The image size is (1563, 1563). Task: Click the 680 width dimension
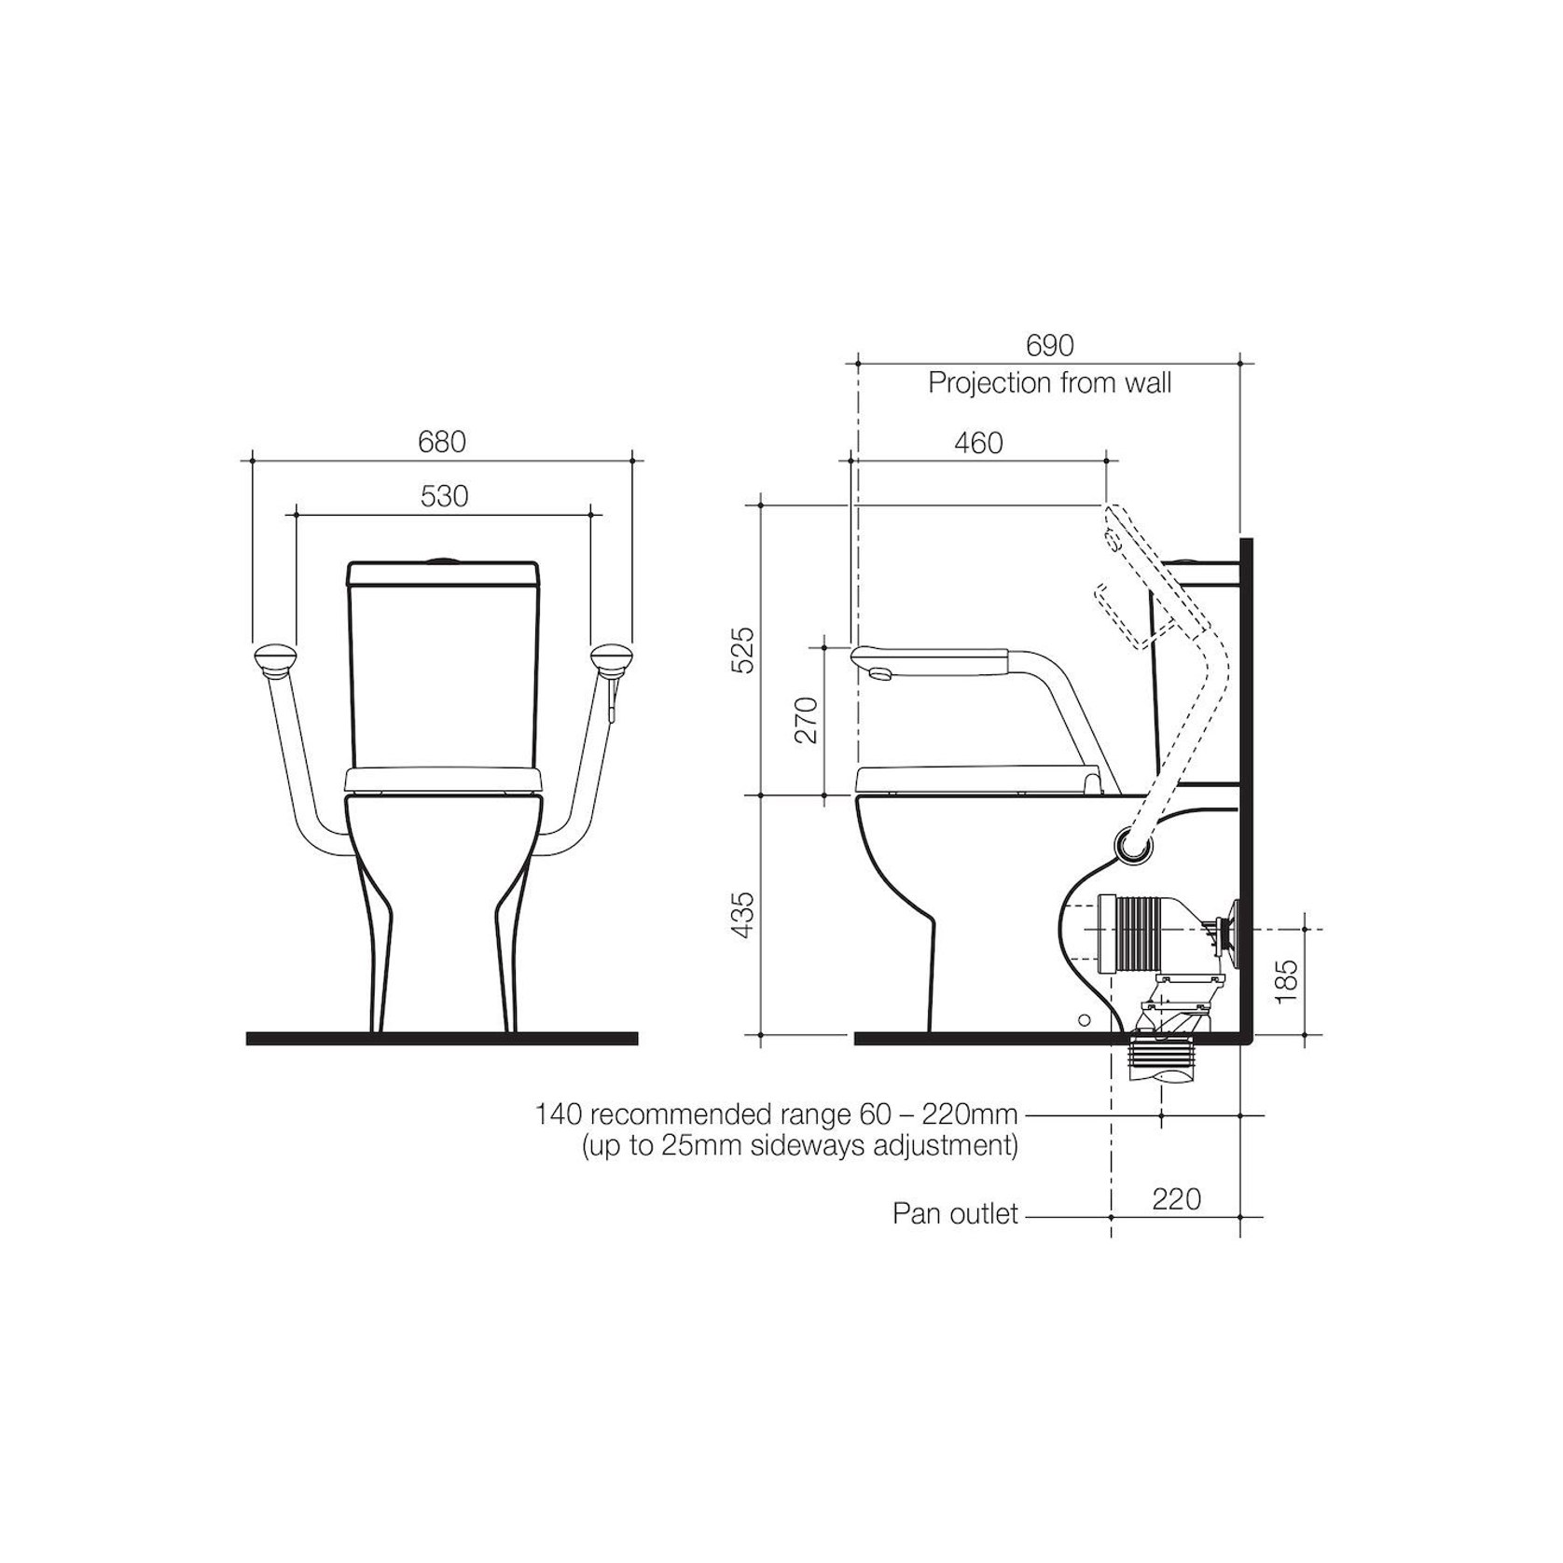442,442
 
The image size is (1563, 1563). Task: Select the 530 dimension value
444,496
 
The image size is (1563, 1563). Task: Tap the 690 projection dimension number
1050,346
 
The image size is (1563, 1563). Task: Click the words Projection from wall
1050,383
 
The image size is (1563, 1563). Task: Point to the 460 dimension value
978,442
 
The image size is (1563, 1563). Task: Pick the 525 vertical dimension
742,651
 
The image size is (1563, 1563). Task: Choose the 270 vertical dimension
805,719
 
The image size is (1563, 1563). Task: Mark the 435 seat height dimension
742,915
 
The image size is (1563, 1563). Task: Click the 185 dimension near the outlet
1286,980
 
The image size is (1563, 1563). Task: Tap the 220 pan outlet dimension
1177,1198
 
